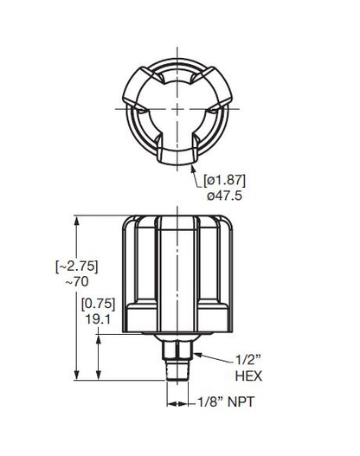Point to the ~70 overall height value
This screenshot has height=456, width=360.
click(42, 281)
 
